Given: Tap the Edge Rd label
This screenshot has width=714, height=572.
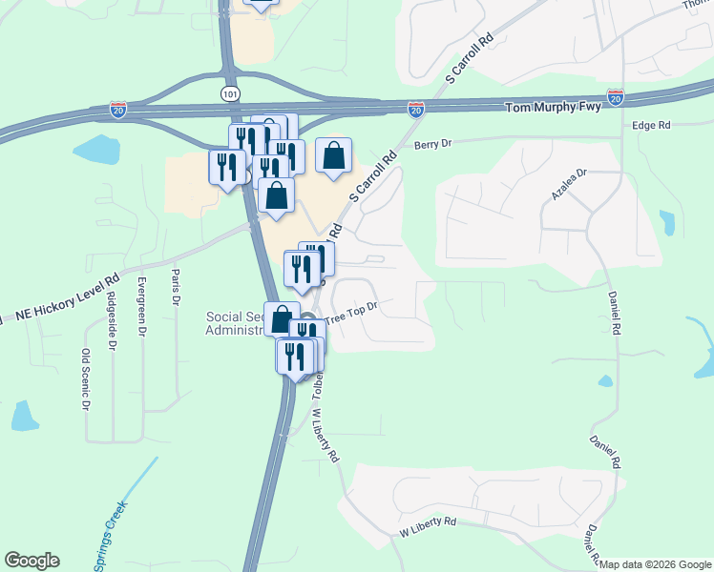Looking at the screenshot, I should (x=651, y=125).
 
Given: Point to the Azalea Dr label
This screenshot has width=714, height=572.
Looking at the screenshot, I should (x=569, y=185).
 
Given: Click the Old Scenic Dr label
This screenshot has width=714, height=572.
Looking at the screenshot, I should (x=85, y=378).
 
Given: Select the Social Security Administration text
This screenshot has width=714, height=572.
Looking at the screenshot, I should (x=236, y=323).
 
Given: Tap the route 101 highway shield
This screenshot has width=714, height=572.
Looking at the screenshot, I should (x=230, y=93).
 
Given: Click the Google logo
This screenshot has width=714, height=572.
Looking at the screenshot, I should (x=31, y=561).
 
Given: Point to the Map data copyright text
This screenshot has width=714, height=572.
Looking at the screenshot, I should (x=655, y=563).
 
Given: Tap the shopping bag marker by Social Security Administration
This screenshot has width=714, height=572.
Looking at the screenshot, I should (x=282, y=318).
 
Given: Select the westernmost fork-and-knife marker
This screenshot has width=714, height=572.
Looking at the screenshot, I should (x=226, y=167).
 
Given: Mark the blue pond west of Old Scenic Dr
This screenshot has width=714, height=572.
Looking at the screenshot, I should (x=22, y=415).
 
